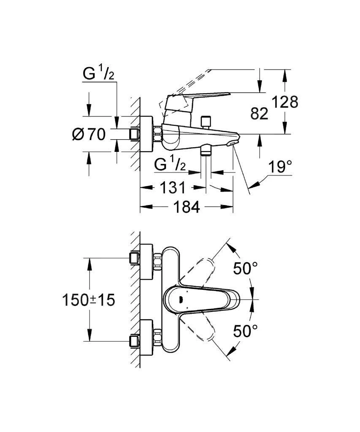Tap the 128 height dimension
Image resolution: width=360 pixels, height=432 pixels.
(x=284, y=102)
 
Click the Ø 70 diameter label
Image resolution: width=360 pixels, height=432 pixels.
(x=89, y=135)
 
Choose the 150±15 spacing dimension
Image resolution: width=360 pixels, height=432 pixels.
(x=89, y=300)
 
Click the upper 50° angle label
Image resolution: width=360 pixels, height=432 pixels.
(x=246, y=268)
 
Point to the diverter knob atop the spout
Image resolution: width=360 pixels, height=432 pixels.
(x=206, y=122)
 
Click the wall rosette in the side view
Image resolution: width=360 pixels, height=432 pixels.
(x=146, y=134)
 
